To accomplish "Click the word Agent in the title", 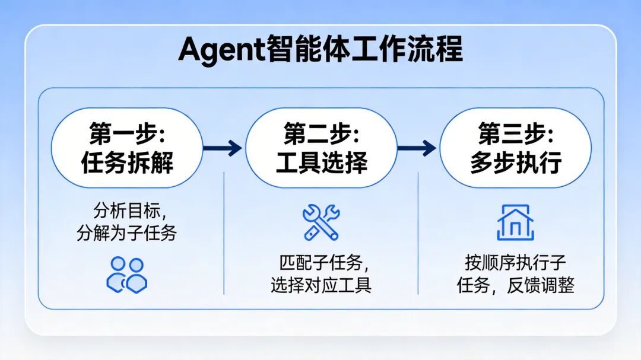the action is point(221,50).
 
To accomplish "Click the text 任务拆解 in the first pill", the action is point(127,163).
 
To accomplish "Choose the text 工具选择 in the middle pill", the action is point(321,163).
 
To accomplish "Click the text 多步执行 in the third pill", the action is point(516,163).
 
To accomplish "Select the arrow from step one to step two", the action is point(223,148).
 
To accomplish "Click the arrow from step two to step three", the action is point(417,148).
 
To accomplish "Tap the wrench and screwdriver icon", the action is point(321,222).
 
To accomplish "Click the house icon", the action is point(516,222).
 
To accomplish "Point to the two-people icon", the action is point(127,275).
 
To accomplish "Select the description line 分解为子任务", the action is point(127,233).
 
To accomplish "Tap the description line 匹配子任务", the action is point(321,262).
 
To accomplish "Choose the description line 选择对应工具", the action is point(321,285).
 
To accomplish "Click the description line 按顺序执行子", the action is point(516,262).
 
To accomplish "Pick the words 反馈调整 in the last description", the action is point(541,285).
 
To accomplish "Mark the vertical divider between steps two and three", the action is point(418,233).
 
